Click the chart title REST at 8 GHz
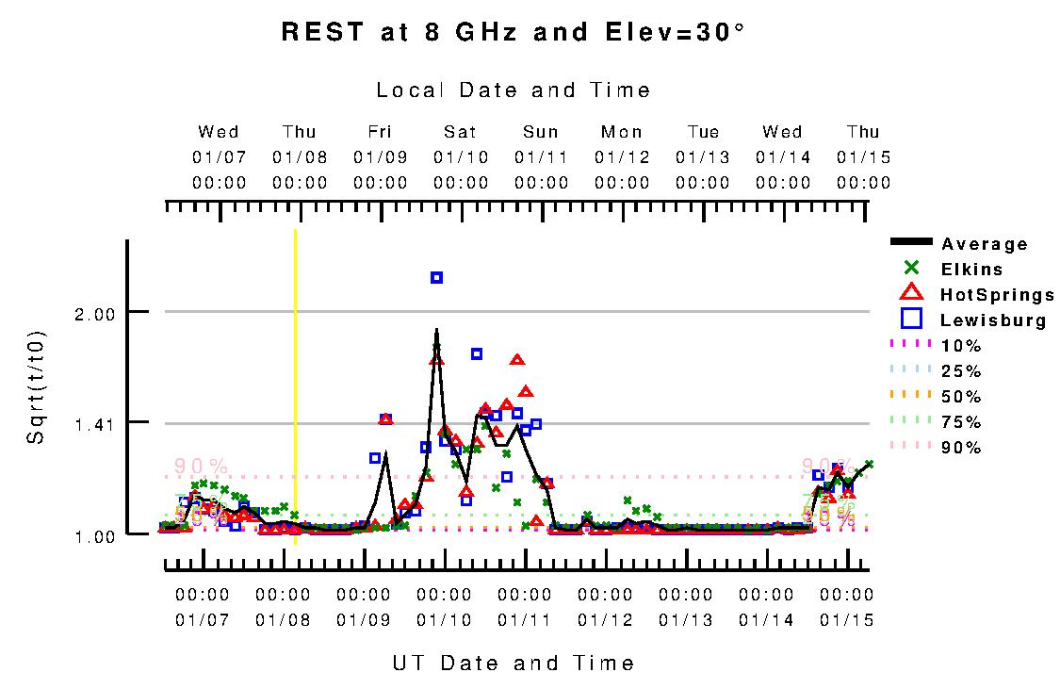[514, 32]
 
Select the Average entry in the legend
[985, 244]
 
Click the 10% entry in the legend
[961, 346]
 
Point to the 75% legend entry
[961, 421]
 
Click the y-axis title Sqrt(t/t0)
[34, 387]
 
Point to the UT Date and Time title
[514, 663]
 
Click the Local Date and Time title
[514, 90]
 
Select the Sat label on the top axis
[461, 132]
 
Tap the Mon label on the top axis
[622, 132]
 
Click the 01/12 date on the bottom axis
[605, 620]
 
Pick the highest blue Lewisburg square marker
[437, 277]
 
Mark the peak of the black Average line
[436, 330]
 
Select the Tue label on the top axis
[703, 132]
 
